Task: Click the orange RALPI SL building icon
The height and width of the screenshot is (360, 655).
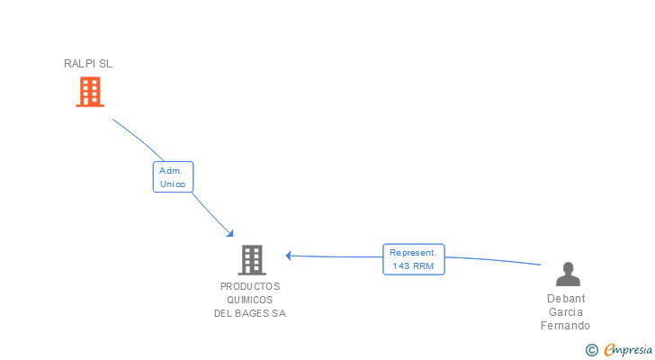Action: point(89,92)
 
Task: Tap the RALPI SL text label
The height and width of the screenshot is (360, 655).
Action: point(88,64)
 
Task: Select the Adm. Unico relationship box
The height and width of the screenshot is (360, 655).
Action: point(173,177)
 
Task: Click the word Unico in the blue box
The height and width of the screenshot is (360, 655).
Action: point(173,184)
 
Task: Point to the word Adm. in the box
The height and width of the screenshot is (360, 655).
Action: point(172,170)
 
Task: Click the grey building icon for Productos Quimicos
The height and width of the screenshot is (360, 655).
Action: point(252,260)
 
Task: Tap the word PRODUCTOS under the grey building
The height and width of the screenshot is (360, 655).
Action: point(250,286)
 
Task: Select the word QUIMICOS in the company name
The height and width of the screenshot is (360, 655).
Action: point(250,300)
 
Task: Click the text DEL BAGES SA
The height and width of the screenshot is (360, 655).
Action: point(250,313)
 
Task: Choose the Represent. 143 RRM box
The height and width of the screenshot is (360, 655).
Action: point(414,259)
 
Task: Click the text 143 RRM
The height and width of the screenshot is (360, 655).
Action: point(414,266)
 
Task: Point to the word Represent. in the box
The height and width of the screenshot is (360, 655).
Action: point(414,253)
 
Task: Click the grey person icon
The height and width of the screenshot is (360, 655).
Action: point(568,274)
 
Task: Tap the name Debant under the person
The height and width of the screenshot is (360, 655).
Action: point(566,299)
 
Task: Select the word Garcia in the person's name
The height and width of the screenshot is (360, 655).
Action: point(566,312)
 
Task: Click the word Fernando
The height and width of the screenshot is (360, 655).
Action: point(566,326)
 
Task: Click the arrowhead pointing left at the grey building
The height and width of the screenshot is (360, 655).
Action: point(289,256)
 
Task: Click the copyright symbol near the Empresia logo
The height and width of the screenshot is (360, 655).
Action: point(591,350)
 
